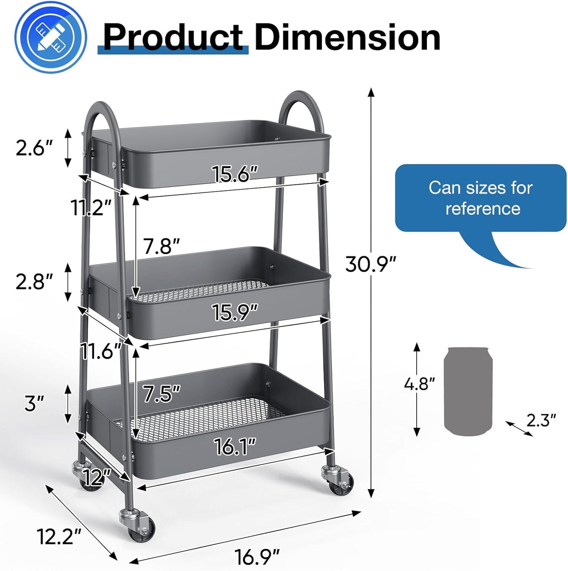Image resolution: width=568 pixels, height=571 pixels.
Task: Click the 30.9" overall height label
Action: point(370,264)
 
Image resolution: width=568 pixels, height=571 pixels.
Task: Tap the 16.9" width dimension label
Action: point(257,556)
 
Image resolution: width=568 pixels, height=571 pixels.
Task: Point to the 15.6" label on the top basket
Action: point(235,173)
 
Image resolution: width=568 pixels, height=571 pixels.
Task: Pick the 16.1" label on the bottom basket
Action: point(235,446)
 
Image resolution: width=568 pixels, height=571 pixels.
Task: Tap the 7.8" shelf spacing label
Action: point(161,247)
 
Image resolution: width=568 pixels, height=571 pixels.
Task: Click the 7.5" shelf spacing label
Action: point(161,394)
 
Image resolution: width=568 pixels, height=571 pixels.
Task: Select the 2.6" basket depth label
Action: point(34,148)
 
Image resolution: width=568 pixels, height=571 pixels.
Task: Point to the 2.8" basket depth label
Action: point(34,281)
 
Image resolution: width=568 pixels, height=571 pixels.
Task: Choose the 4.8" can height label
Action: point(419,383)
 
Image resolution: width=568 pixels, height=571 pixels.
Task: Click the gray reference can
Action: point(468,391)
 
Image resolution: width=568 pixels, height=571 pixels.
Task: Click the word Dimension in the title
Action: point(347,37)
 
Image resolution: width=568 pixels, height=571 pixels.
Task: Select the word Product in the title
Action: point(173,37)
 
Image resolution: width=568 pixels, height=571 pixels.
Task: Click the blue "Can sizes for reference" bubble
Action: point(480,198)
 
